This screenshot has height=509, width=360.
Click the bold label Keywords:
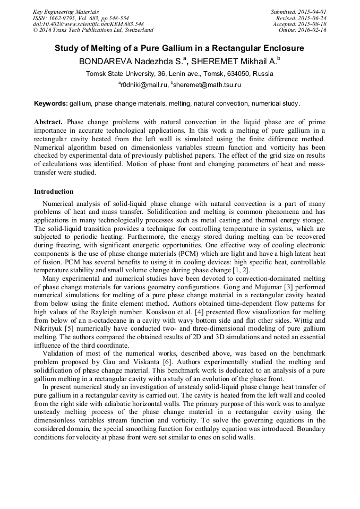51,103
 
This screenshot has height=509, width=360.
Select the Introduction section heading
54,192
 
